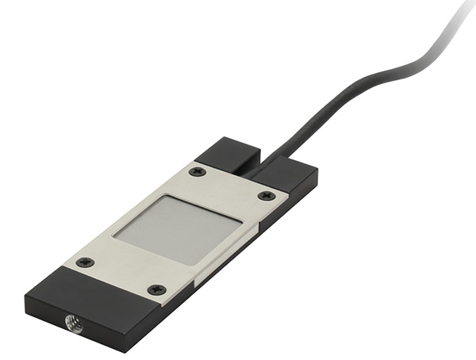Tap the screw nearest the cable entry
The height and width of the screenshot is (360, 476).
point(198,171)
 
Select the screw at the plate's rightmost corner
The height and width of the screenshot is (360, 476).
point(267,195)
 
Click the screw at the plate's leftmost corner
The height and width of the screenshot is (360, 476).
point(85,262)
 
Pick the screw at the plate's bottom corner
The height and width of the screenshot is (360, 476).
point(157,289)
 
